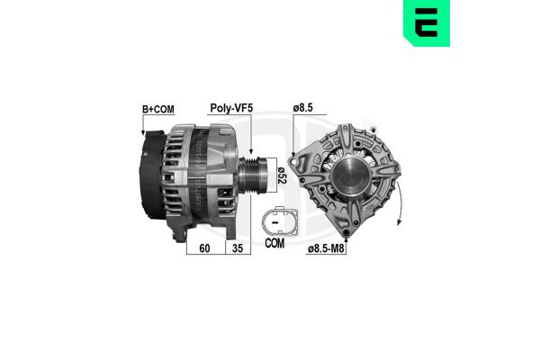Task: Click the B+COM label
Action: tap(158, 110)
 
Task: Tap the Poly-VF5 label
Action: tap(231, 108)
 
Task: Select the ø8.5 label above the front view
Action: tap(302, 108)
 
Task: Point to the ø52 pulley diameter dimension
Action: tap(282, 175)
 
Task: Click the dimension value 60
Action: tap(204, 248)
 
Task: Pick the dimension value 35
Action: tap(238, 248)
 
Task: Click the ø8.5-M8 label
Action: tap(326, 248)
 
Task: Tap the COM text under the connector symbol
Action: tap(274, 243)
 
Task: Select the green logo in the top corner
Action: tap(427, 22)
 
